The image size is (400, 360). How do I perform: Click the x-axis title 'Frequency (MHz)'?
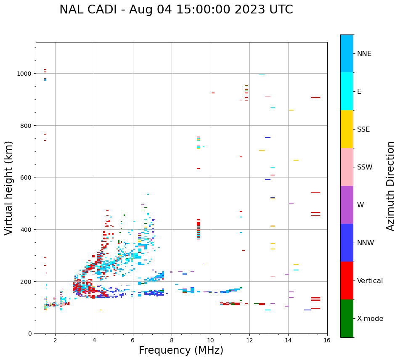[x=181, y=350]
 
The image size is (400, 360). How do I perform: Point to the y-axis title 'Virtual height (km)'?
[x=9, y=188]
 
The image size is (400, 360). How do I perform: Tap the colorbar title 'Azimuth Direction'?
[x=390, y=186]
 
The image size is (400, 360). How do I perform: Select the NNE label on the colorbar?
[x=364, y=53]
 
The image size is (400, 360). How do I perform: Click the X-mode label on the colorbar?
[x=370, y=319]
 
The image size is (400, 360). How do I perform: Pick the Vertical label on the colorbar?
[x=370, y=281]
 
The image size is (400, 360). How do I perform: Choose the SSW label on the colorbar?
[x=365, y=167]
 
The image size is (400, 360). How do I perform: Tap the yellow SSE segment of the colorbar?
[x=347, y=129]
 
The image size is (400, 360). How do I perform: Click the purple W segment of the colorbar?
[x=347, y=205]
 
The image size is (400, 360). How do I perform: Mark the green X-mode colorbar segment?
[x=347, y=318]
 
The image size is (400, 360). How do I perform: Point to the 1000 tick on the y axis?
[x=25, y=74]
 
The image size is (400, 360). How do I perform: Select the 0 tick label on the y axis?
[x=30, y=334]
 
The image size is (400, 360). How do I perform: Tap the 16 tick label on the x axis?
[x=327, y=341]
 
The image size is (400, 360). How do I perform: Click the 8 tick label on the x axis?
[x=172, y=341]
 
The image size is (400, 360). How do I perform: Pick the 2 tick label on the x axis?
[x=55, y=341]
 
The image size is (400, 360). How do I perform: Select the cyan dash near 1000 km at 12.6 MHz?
[x=262, y=74]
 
